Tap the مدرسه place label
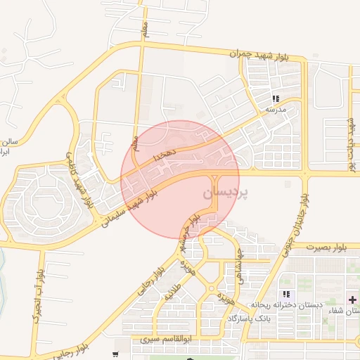tap(275, 110)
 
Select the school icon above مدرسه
tap(276, 99)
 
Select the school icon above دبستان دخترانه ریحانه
tap(285, 294)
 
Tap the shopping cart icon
tap(115, 354)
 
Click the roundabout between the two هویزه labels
tap(211, 288)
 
